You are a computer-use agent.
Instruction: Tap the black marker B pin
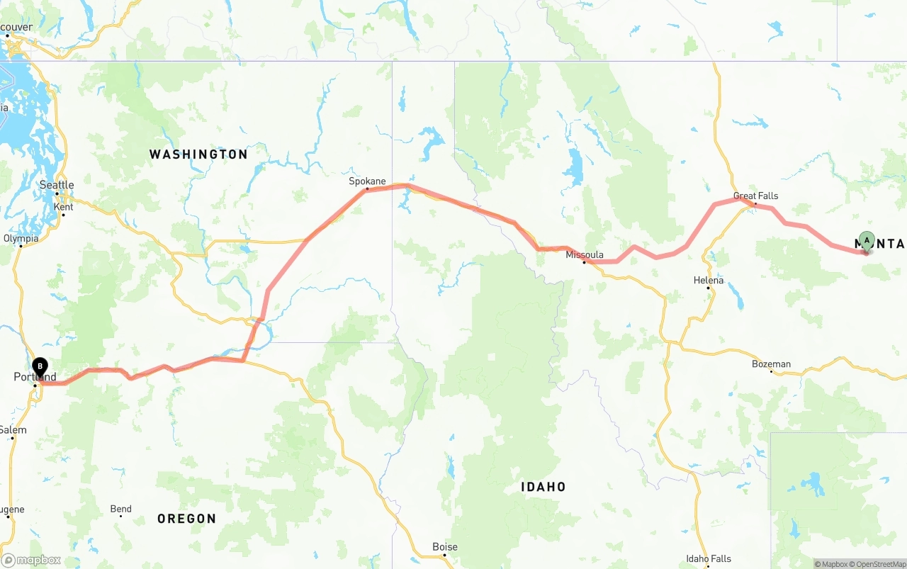40,367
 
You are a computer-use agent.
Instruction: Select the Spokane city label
367,181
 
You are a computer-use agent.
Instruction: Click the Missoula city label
585,254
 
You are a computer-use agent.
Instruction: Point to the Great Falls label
755,196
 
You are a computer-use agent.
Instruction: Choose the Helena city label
709,280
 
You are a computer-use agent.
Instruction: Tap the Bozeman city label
771,364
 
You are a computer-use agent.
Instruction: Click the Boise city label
445,546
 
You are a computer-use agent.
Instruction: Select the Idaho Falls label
709,559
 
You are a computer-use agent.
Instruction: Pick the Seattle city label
57,185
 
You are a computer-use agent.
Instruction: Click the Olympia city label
21,239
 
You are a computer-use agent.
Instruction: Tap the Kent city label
64,206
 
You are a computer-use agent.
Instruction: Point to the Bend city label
121,509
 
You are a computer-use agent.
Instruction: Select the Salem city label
13,430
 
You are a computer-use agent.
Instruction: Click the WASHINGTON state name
198,154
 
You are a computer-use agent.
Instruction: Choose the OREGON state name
186,519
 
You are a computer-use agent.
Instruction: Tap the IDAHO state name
543,487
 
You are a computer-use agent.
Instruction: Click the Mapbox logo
32,560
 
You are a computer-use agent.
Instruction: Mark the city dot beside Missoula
584,262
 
